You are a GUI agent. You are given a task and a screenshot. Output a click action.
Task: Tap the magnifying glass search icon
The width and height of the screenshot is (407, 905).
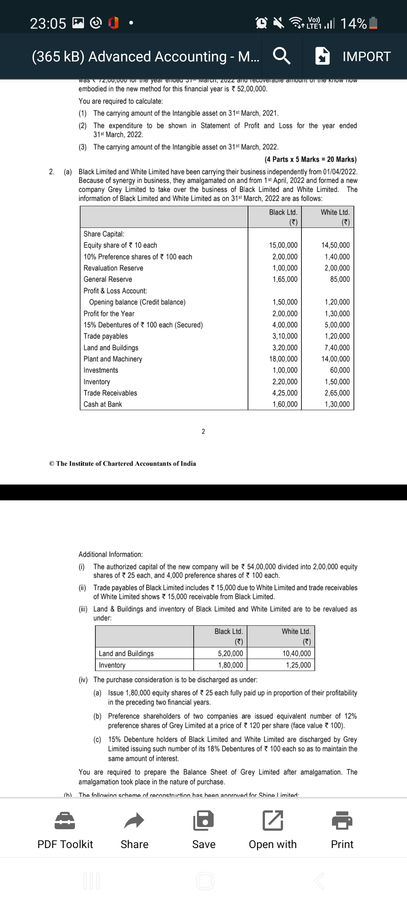click(x=282, y=57)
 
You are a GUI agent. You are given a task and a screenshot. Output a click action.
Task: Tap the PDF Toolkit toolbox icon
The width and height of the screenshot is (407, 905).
click(x=65, y=821)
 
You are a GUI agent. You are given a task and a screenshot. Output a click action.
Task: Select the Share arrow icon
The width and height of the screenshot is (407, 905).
click(x=134, y=821)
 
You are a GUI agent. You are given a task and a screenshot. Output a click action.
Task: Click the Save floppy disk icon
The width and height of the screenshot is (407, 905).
click(x=203, y=821)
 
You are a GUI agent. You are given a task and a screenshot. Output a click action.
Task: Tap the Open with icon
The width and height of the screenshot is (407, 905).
click(x=272, y=821)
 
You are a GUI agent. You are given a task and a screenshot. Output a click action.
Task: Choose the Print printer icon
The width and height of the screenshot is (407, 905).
click(x=342, y=821)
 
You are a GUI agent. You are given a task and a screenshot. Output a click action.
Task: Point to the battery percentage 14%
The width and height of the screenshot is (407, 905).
click(x=353, y=23)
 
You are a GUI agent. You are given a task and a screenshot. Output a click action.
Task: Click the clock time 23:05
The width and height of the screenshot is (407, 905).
click(x=48, y=24)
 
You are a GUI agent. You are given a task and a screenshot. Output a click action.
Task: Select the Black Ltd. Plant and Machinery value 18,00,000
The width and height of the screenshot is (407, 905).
click(x=283, y=359)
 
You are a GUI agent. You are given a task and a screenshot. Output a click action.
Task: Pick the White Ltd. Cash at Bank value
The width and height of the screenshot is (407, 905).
click(x=337, y=404)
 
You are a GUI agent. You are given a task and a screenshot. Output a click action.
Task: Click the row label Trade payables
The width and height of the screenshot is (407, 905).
click(x=106, y=336)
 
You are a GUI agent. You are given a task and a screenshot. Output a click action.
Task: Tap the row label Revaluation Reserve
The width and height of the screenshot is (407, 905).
click(x=113, y=268)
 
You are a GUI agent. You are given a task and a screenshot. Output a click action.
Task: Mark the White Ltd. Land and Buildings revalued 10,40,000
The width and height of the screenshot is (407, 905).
click(x=297, y=653)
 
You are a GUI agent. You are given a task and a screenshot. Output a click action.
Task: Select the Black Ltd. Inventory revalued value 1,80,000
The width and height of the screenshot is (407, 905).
click(x=230, y=665)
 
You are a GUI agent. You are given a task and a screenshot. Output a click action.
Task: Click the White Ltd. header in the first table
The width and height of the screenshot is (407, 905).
click(x=335, y=213)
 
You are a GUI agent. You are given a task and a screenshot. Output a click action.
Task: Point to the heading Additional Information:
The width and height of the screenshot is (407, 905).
click(x=110, y=554)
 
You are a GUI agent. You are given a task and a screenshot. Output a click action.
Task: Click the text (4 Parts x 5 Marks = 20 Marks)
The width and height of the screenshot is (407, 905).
click(x=310, y=160)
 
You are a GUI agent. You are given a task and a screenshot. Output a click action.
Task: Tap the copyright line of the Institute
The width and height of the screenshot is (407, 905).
click(x=122, y=463)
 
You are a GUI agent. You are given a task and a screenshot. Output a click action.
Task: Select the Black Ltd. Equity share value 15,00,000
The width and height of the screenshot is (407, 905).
click(x=283, y=245)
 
